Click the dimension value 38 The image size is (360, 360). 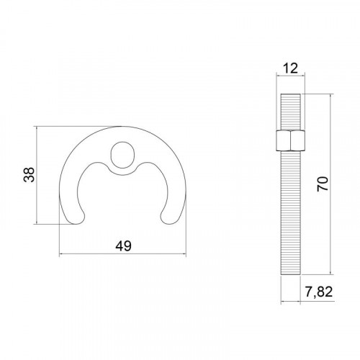pyautogui.click(x=30, y=175)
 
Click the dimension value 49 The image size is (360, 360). pyautogui.click(x=123, y=246)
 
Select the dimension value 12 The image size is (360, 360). pyautogui.click(x=290, y=68)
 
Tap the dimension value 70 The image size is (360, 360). pyautogui.click(x=323, y=184)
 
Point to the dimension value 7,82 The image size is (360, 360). pyautogui.click(x=319, y=292)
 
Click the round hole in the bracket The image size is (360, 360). pyautogui.click(x=122, y=155)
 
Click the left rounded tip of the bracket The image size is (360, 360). pyautogui.click(x=76, y=218)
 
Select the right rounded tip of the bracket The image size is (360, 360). pyautogui.click(x=169, y=218)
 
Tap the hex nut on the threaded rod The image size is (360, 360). pyautogui.click(x=290, y=140)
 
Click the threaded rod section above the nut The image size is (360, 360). pyautogui.click(x=290, y=112)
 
